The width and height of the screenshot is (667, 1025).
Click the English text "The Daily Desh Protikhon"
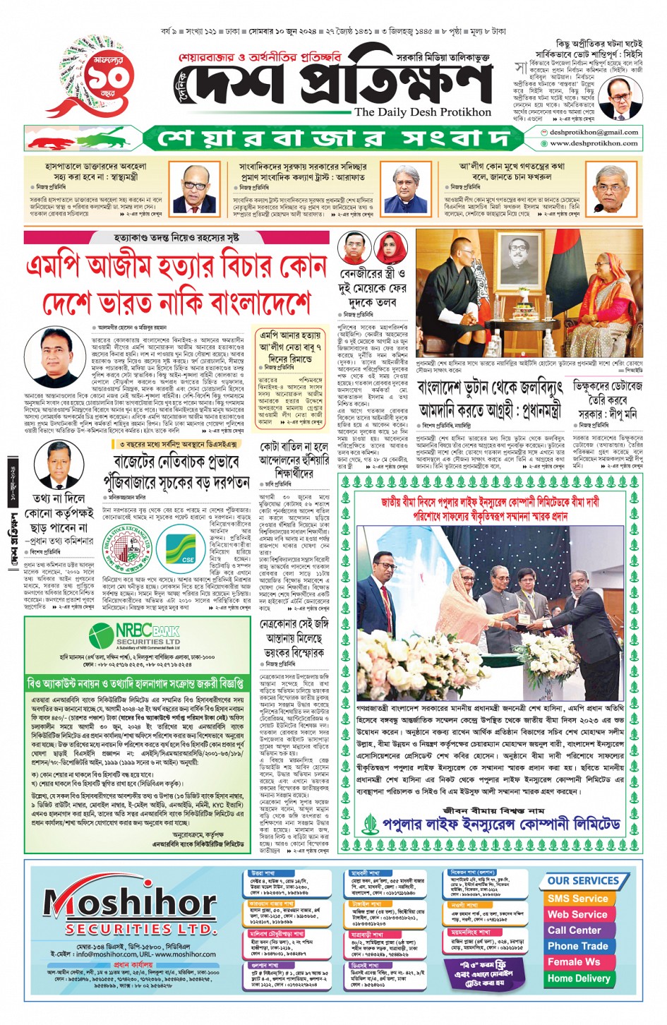(x=422, y=112)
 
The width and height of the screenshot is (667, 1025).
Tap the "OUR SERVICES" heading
(x=582, y=880)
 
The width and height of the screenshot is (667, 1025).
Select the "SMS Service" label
(x=577, y=899)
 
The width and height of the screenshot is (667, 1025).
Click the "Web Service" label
(x=577, y=914)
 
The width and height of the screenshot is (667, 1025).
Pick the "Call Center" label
(x=575, y=930)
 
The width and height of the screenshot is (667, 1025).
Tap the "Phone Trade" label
(x=577, y=946)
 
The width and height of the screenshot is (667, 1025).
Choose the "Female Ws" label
(x=574, y=961)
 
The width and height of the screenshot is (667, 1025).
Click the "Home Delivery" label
(x=578, y=978)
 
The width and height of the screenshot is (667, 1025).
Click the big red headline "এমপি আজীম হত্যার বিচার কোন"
(x=176, y=268)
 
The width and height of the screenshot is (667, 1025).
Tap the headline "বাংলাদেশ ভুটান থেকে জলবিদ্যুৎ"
(x=490, y=388)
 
